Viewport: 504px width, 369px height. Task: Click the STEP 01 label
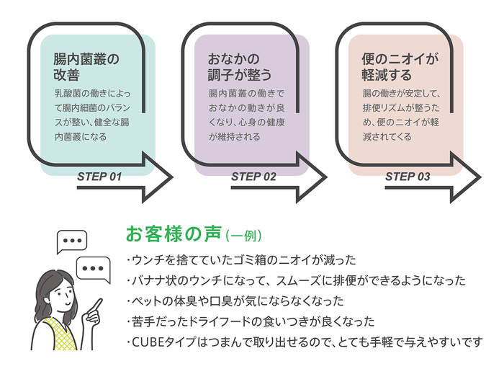(99, 177)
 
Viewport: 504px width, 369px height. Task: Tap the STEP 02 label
(253, 177)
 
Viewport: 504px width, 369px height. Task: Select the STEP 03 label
(408, 177)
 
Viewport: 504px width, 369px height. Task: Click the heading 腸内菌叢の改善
(85, 66)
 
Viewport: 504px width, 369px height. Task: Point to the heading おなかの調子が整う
(240, 66)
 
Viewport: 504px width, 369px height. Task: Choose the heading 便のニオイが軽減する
(400, 66)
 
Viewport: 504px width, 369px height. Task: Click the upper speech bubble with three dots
(71, 241)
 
